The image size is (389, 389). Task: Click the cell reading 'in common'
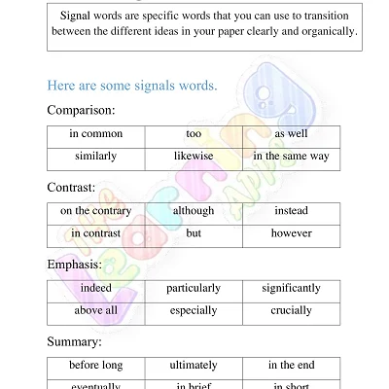[x=95, y=133]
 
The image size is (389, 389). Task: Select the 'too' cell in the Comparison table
[x=194, y=133]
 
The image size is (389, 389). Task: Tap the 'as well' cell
[x=291, y=133]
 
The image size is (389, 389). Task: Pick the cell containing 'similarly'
[x=95, y=156]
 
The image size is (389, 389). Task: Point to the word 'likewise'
[x=194, y=156]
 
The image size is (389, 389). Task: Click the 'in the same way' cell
[x=291, y=156]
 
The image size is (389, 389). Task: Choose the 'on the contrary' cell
[x=95, y=211]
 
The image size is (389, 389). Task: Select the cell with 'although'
[x=194, y=211]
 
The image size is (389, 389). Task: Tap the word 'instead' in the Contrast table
[x=291, y=211]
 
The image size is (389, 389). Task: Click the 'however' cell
[x=291, y=233]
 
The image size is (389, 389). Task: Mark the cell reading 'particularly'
[x=194, y=289]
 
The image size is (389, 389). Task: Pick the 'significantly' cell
[x=291, y=289]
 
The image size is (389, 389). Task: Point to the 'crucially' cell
[x=291, y=311]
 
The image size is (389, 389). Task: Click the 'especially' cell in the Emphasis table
[x=194, y=311]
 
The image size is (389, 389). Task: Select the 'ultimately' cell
[x=194, y=366]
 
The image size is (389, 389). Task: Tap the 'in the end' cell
[x=291, y=366]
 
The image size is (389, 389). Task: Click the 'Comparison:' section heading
[x=81, y=110]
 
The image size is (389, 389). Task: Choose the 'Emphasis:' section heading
[x=75, y=264]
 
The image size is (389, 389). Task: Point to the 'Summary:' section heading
[x=74, y=341]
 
